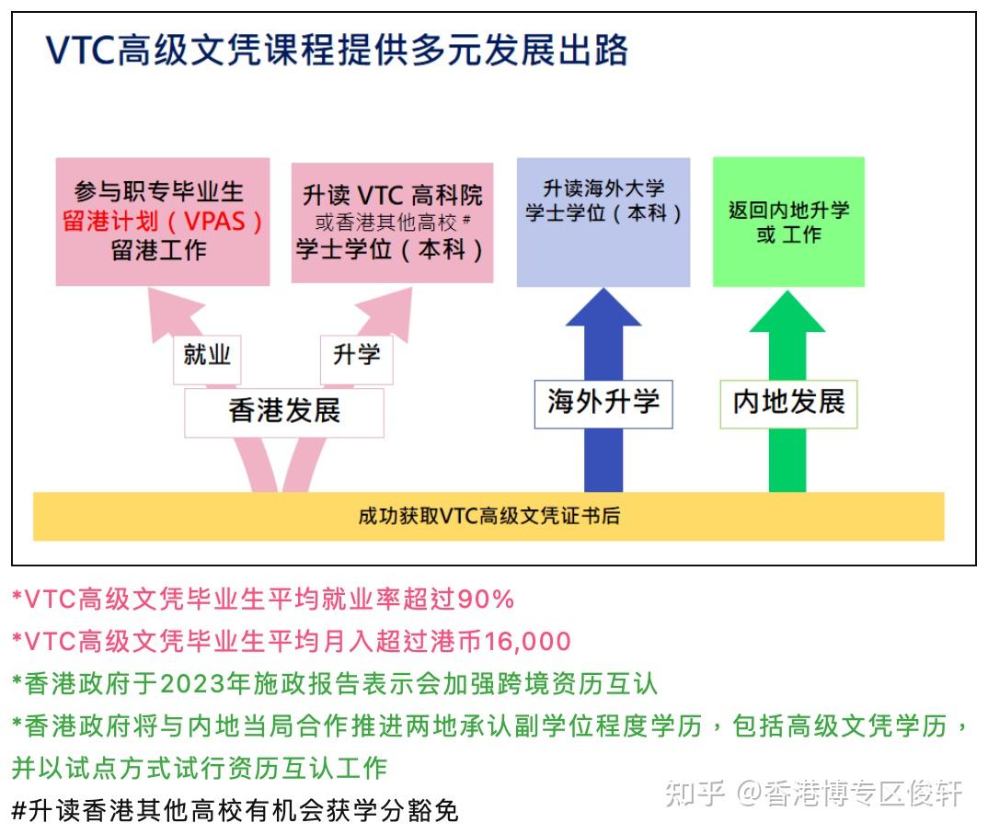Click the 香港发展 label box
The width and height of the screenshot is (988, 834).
point(284,411)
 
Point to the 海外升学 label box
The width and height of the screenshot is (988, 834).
point(603,403)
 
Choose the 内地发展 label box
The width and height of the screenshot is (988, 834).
point(788,403)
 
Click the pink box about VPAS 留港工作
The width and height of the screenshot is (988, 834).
point(163,222)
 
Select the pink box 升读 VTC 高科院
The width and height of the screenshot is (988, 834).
point(393,223)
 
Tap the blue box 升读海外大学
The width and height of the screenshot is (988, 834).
point(603,222)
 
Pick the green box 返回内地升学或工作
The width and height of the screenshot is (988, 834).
point(788,222)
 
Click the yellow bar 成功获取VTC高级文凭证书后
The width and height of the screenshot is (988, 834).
point(488,516)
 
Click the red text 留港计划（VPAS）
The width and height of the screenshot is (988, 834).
point(163,222)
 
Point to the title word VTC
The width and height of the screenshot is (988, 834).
point(80,51)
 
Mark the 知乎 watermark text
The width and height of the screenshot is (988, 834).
point(695,793)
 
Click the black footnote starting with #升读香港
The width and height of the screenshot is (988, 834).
point(236,810)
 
